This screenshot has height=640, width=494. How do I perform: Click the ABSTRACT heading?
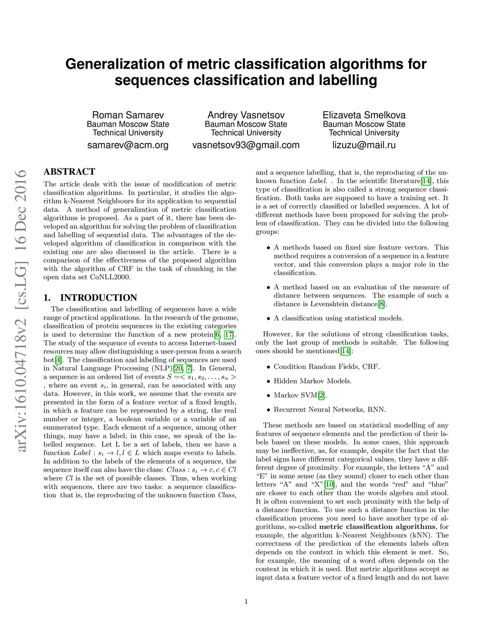(69, 171)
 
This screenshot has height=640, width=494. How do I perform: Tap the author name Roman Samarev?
(128, 115)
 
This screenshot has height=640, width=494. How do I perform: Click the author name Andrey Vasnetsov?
(246, 115)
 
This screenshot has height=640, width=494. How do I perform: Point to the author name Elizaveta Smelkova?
(364, 115)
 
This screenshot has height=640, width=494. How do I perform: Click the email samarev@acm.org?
(128, 145)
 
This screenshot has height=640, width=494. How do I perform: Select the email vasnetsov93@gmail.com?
(246, 145)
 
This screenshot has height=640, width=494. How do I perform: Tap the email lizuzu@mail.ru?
(364, 145)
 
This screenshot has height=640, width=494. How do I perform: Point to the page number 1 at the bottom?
(246, 601)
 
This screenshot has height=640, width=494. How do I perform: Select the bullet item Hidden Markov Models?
(313, 381)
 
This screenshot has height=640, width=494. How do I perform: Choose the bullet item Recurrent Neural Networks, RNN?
(329, 410)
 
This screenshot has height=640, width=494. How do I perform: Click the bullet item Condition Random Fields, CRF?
(327, 367)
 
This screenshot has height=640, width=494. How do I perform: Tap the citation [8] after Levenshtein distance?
(382, 304)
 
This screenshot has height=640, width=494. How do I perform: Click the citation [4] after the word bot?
(58, 360)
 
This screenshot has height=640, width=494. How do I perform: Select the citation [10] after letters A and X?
(329, 484)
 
